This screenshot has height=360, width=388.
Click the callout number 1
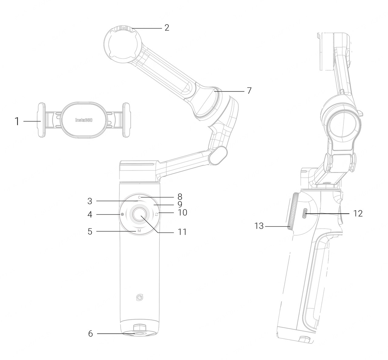point(17,121)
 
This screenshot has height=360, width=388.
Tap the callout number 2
point(167,28)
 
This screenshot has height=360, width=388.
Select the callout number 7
point(249,91)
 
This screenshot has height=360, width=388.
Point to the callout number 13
point(259,226)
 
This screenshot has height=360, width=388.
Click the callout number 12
point(358,213)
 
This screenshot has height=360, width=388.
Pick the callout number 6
point(90,334)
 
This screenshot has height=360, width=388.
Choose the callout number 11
point(182,232)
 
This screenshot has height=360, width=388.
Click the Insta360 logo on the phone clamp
point(84,120)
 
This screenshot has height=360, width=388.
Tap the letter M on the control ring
point(139,231)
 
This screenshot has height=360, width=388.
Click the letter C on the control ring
point(139,197)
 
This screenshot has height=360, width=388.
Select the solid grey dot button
point(122,214)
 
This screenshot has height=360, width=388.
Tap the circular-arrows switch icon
point(157,214)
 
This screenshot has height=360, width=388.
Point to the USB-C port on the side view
point(305,214)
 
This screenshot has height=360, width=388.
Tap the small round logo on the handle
point(139,297)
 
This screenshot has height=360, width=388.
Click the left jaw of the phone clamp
point(42,120)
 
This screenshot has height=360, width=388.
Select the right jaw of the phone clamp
point(126,120)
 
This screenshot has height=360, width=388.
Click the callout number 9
point(180,204)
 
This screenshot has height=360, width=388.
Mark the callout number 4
point(90,215)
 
